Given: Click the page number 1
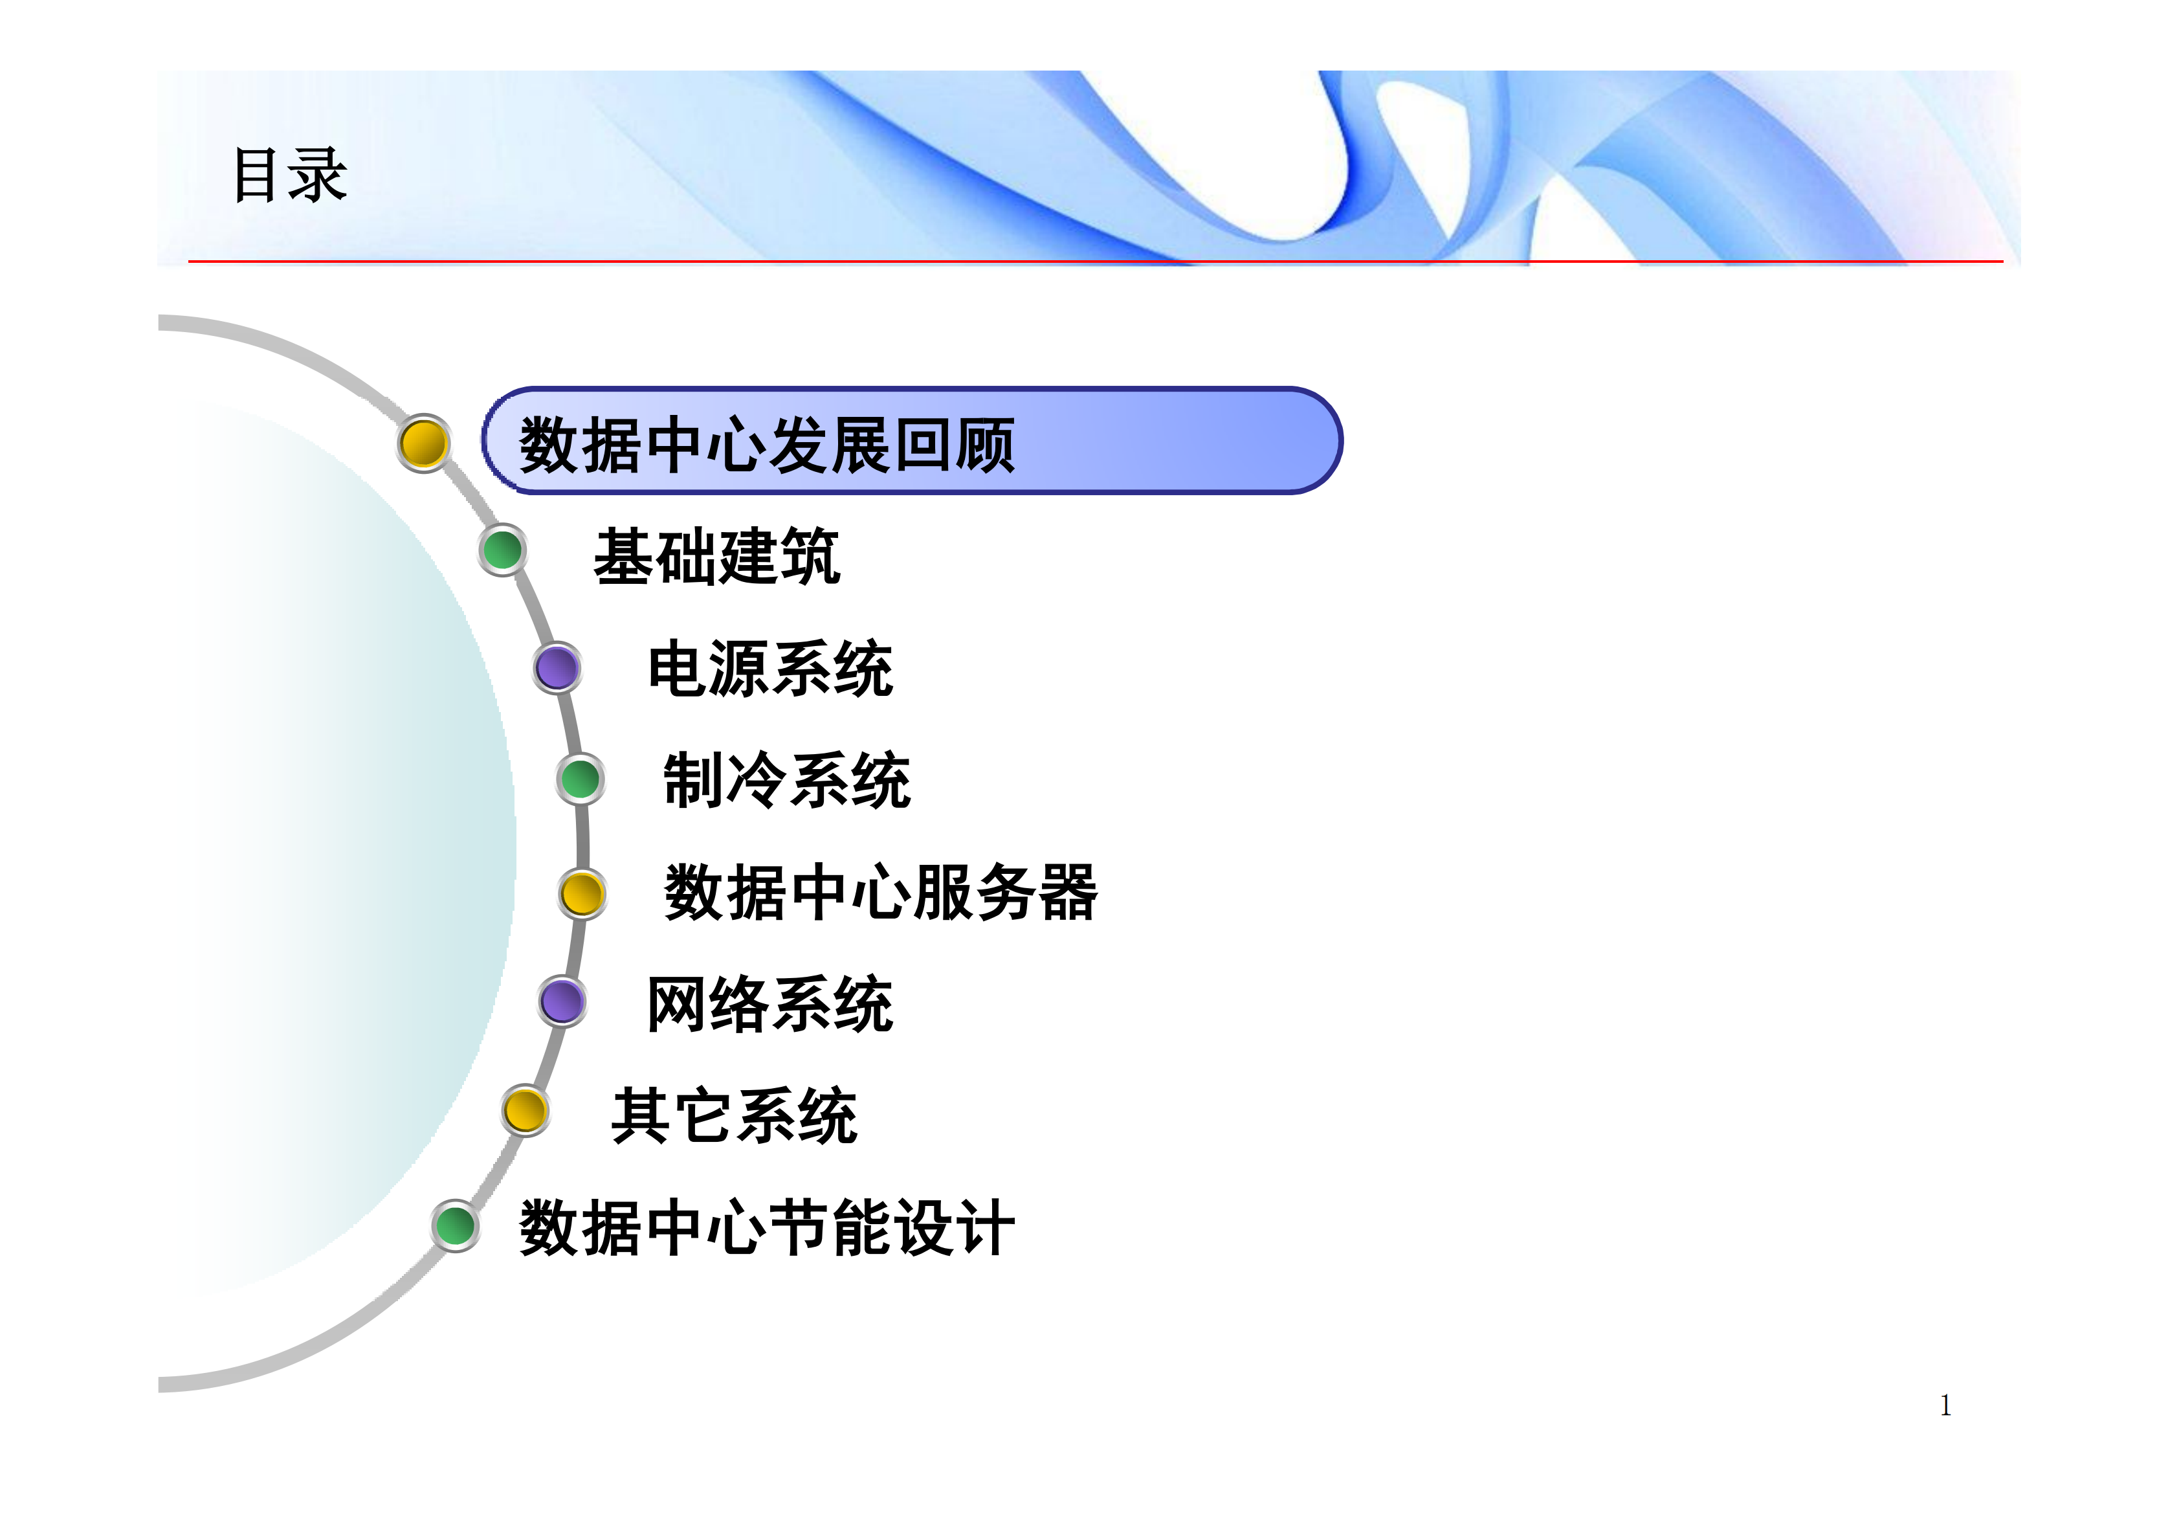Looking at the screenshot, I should pos(1945,1405).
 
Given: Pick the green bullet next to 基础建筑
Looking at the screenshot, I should pos(502,550).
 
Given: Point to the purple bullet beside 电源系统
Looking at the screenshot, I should pos(557,667).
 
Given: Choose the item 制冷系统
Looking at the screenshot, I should pos(787,781).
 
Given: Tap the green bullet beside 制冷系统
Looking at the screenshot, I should pos(580,779).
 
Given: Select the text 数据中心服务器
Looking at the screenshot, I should pos(881,893).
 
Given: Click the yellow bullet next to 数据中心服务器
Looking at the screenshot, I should pos(582,893).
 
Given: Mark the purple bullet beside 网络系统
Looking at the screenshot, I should pos(562,1001).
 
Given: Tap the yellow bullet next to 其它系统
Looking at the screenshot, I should pos(525,1110).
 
